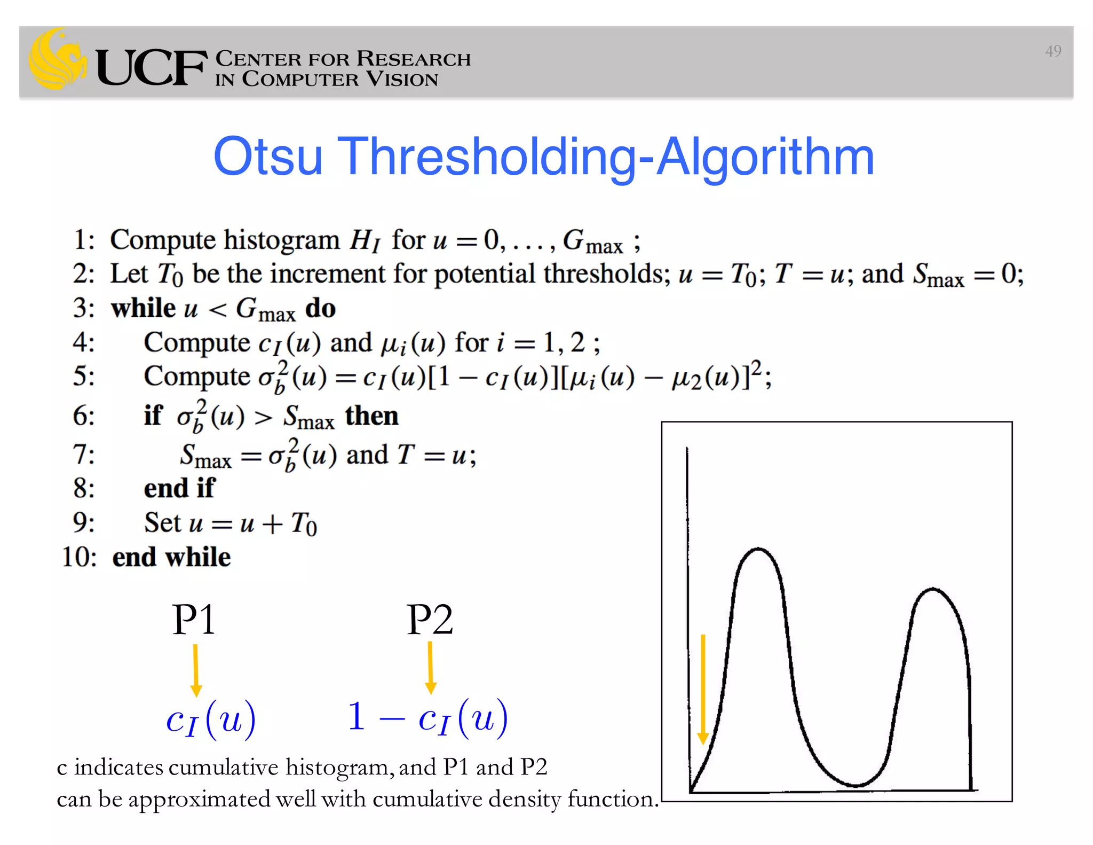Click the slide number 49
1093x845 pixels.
[x=1052, y=51]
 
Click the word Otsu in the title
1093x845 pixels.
[x=268, y=157]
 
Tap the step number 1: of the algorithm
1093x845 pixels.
[x=84, y=240]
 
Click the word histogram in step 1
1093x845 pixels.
[x=281, y=240]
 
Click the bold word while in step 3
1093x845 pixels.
[x=143, y=308]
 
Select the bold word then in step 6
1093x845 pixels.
[x=371, y=416]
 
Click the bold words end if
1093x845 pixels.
[x=179, y=488]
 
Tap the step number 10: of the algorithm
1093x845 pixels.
[x=79, y=557]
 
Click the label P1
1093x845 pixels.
[x=194, y=620]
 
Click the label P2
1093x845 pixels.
[x=430, y=620]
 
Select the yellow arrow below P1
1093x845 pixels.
[x=196, y=670]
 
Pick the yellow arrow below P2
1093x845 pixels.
[x=431, y=668]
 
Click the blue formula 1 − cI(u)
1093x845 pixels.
[x=427, y=718]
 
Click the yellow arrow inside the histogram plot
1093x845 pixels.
[x=703, y=689]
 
